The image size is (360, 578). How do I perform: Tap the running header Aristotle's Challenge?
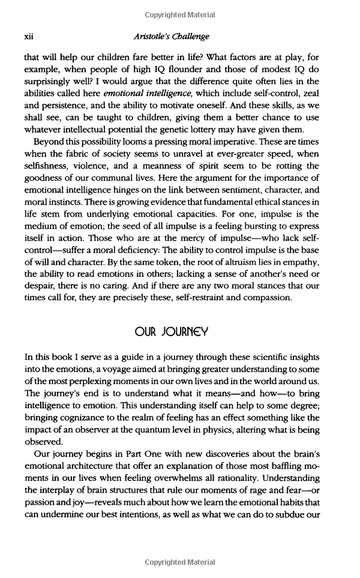[x=172, y=37]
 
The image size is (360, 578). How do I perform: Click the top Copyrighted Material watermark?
[x=180, y=14]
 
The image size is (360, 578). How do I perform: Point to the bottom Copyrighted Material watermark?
[x=180, y=562]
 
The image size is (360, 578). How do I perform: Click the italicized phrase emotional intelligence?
[x=139, y=94]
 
